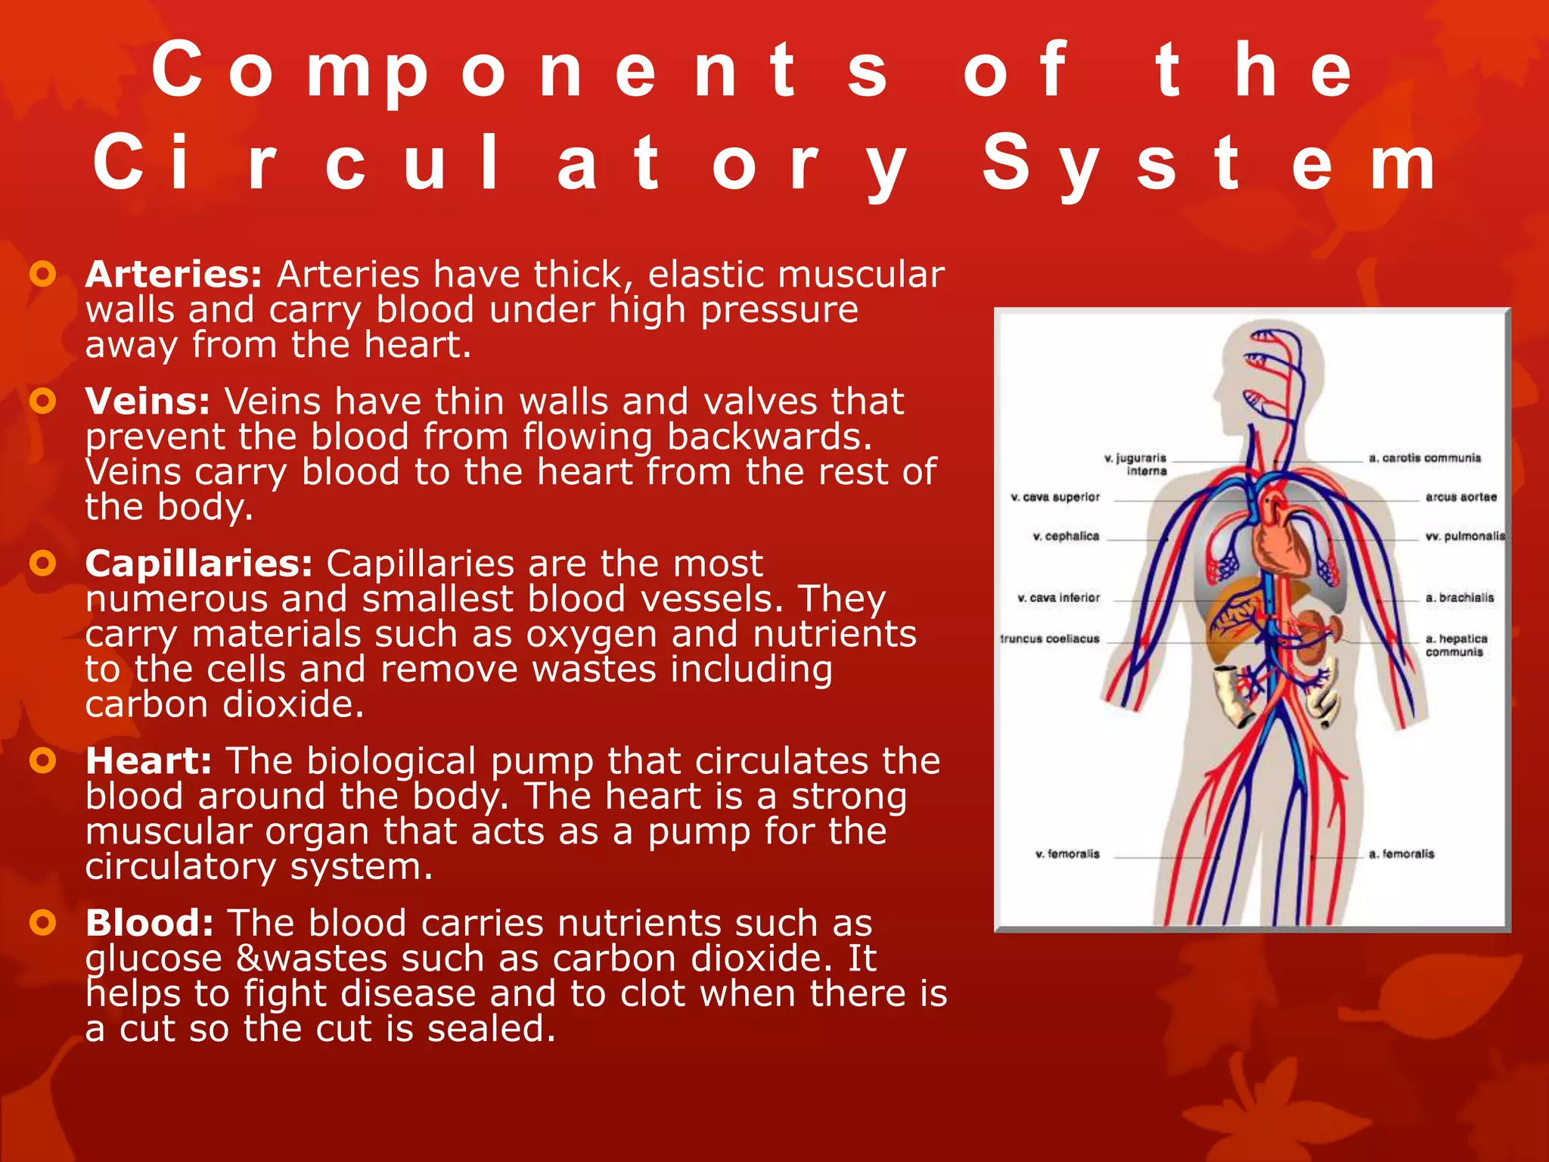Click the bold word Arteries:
(173, 275)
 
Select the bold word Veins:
(147, 402)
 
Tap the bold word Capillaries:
(198, 564)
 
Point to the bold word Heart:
(148, 761)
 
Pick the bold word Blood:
(149, 924)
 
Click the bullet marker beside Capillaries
(43, 564)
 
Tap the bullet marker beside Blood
(43, 923)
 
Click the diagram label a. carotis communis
(1424, 458)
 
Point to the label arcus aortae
(1461, 497)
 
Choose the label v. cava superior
(1055, 497)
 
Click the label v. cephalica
(1066, 536)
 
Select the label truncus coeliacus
(1050, 638)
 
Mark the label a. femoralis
(1401, 854)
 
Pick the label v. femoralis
(1067, 854)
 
